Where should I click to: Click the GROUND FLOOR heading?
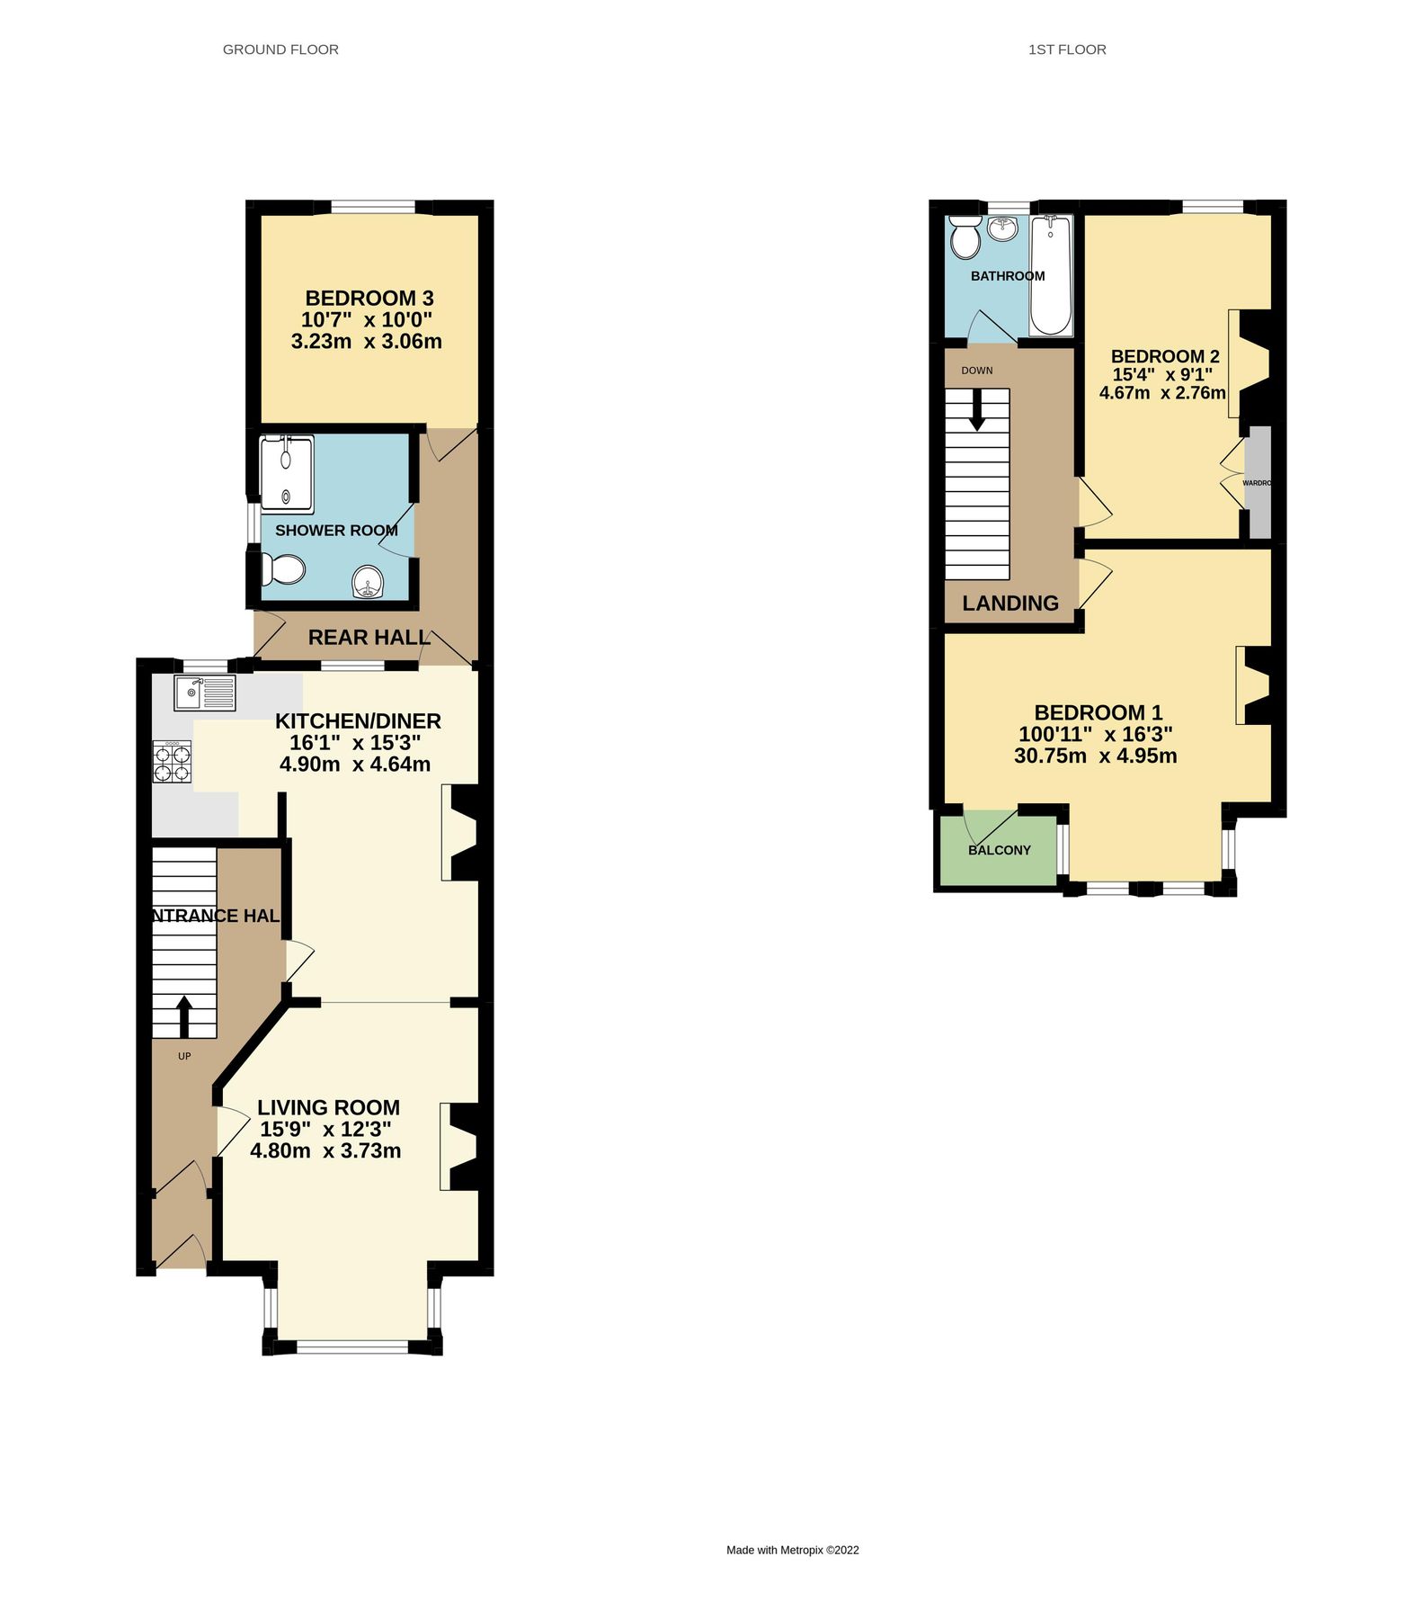(x=280, y=49)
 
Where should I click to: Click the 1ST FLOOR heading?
(x=1066, y=49)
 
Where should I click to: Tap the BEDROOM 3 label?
(x=369, y=298)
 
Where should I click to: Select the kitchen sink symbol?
(x=205, y=693)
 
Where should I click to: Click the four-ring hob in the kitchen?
(x=172, y=761)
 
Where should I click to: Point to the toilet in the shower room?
(x=283, y=569)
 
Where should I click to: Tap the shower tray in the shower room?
(x=286, y=473)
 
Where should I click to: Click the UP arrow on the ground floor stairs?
(x=184, y=1016)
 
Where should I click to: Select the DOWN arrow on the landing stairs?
(x=976, y=410)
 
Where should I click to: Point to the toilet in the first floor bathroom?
(x=965, y=238)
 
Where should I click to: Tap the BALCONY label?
(x=999, y=850)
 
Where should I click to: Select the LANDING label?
(x=1009, y=603)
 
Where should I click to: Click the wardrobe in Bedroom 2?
(x=1258, y=483)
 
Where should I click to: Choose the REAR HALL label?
(x=369, y=637)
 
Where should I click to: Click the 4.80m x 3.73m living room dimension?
(x=325, y=1150)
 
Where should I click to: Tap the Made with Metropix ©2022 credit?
(x=792, y=1550)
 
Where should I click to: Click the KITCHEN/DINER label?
(x=358, y=720)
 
